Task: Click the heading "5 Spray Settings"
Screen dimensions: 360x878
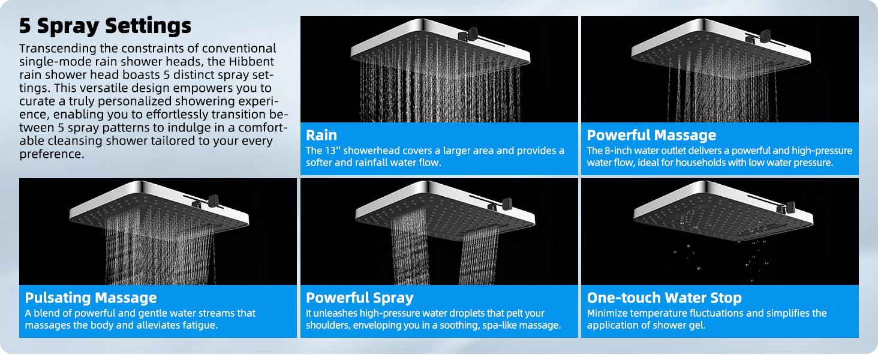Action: pos(105,26)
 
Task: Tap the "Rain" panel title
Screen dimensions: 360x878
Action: pos(321,135)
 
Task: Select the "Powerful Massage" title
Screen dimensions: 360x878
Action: pos(651,135)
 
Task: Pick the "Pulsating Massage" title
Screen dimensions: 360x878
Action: pos(91,298)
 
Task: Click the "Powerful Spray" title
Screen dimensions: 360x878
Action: pos(359,298)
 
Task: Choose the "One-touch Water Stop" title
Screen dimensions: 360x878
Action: pos(664,298)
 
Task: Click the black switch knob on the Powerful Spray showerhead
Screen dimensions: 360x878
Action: pos(507,203)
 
